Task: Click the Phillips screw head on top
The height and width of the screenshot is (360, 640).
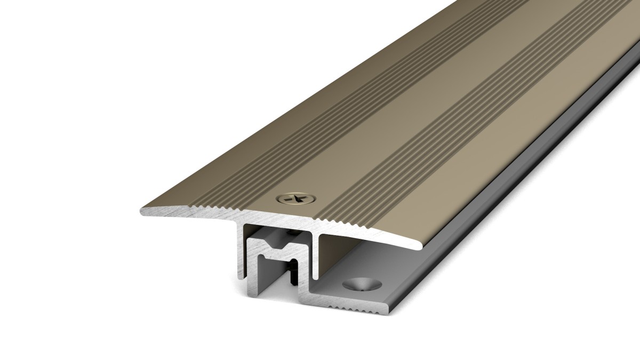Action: tap(295, 198)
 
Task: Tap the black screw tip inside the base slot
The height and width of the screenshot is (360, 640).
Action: tap(293, 276)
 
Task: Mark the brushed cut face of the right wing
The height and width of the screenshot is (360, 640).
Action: tap(373, 235)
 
